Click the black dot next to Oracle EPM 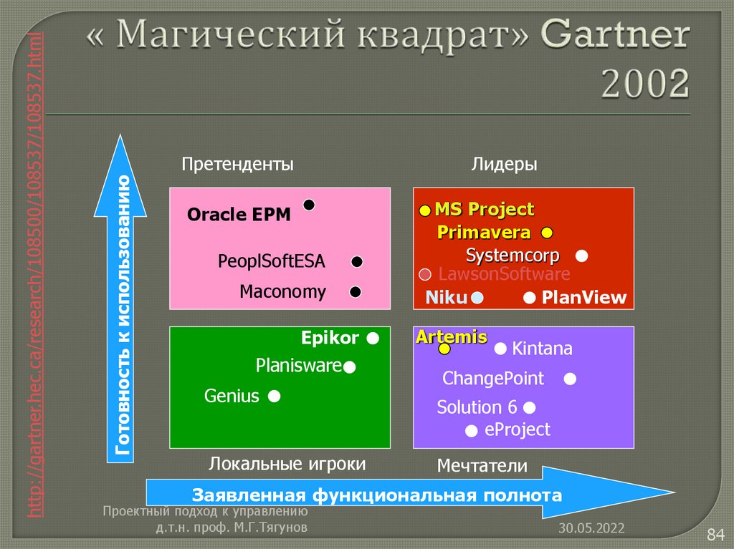click(309, 205)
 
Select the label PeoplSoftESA click(271, 262)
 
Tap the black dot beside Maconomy click(355, 292)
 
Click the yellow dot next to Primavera click(547, 233)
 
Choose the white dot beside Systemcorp click(582, 256)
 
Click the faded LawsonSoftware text click(504, 274)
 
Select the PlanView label click(583, 298)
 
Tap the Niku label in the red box click(446, 298)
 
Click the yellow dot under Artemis click(444, 349)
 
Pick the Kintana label click(542, 349)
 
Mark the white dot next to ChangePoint click(570, 379)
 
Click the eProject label click(518, 429)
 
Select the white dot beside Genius click(274, 396)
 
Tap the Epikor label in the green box click(330, 337)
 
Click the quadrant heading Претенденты click(237, 165)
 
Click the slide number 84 click(716, 534)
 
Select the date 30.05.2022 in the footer click(592, 528)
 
